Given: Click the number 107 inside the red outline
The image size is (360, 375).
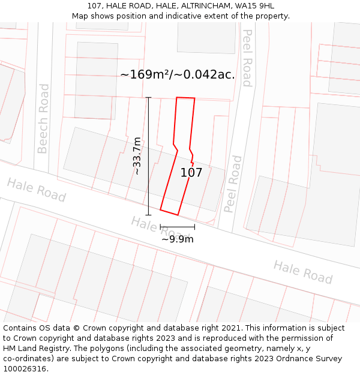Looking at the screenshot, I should click(191, 173).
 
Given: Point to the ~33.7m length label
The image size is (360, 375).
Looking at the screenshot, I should click(137, 156).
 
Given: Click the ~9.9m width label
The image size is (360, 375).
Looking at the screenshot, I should click(178, 239).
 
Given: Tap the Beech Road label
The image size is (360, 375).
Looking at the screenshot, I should click(43, 118).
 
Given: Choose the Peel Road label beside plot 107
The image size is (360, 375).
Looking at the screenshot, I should click(233, 184).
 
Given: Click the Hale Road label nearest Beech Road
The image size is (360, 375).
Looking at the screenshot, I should click(37, 190).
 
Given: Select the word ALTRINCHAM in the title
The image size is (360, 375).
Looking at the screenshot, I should click(199, 5).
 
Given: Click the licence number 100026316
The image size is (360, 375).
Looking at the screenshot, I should click(26, 369).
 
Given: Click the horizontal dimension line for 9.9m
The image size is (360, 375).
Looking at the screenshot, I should click(178, 227).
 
